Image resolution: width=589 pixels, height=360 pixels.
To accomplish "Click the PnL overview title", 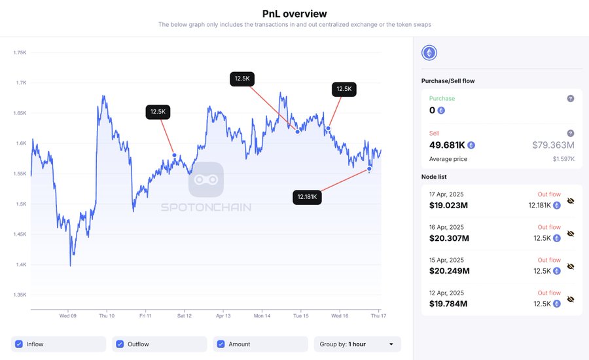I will coord(294,13).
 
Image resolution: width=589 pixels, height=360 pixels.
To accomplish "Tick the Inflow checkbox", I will coord(19,344).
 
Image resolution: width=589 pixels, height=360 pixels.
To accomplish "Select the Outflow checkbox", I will coord(120,344).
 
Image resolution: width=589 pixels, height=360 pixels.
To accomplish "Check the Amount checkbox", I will coord(221,344).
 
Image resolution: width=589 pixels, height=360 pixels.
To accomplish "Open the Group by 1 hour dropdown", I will coord(357,344).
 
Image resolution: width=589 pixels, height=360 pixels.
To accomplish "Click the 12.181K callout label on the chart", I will coord(308,196).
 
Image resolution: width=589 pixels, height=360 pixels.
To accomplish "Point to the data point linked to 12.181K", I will coord(370,169).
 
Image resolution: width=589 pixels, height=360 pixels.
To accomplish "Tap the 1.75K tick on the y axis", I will coord(20,52).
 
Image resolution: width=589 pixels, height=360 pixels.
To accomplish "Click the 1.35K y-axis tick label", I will coord(20,295).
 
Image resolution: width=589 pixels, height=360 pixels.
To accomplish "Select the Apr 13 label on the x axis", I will coord(223,315).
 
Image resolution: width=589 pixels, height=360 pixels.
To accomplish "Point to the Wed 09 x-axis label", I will coord(68,315).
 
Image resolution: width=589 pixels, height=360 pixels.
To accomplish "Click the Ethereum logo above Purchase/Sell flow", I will coord(429,53).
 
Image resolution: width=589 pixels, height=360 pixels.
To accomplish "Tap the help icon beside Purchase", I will coord(571,98).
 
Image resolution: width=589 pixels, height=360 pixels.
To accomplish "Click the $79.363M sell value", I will coord(553,145).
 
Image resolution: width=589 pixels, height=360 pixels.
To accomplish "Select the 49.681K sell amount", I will coord(447,145).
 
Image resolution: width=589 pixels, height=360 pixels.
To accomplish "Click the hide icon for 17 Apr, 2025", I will coord(571,201).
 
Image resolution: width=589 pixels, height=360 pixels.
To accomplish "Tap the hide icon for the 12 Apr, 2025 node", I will coord(571,299).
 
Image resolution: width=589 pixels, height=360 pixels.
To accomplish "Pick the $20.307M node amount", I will coord(450,238).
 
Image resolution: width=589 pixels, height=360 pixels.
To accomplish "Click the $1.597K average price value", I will coord(563,159).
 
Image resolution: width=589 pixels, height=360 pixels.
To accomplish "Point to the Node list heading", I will coord(435,177).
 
